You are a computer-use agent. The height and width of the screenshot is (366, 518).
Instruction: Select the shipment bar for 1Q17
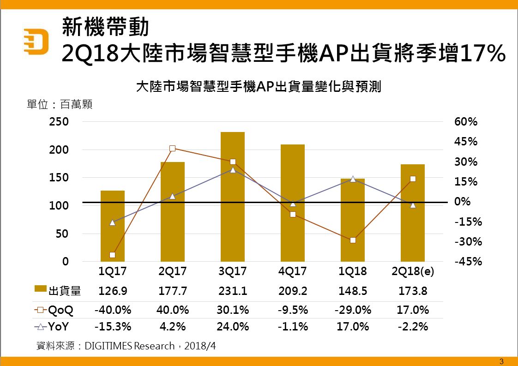(x=112, y=226)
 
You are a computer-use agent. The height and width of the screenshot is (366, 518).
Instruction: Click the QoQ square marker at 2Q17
(x=172, y=149)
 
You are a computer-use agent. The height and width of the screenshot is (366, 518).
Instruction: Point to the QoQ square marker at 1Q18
(x=353, y=240)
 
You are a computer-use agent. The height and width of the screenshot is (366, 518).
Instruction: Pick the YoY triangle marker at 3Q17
(x=233, y=170)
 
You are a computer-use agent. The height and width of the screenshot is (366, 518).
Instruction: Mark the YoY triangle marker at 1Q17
(x=112, y=222)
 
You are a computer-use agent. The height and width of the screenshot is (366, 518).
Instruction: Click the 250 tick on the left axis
(x=59, y=122)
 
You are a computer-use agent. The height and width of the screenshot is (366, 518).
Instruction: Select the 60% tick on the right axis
(x=466, y=122)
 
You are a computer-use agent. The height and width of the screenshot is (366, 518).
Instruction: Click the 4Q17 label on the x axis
(x=292, y=271)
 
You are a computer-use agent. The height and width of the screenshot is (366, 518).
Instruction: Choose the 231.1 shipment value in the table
(x=232, y=291)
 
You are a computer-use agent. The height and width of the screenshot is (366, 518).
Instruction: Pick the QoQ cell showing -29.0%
(x=353, y=309)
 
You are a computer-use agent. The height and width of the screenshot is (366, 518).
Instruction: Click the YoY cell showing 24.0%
(x=232, y=327)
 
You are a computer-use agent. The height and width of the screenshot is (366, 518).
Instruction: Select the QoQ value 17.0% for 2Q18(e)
(x=412, y=309)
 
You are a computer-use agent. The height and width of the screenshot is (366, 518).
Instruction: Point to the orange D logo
(x=37, y=42)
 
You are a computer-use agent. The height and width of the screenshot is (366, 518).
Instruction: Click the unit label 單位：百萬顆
(x=60, y=104)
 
